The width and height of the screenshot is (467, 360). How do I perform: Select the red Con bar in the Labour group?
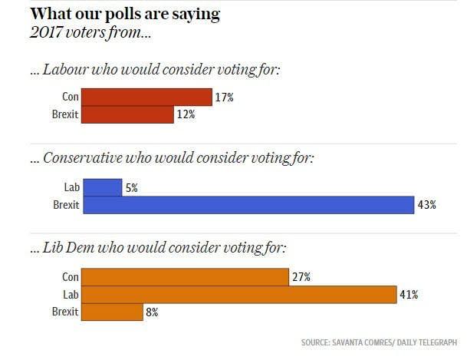pyautogui.click(x=146, y=97)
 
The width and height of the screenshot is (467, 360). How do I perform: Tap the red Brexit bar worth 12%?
pyautogui.click(x=127, y=114)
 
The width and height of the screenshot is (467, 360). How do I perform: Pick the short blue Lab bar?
pyautogui.click(x=102, y=187)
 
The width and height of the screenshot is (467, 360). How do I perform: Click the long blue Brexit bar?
pyautogui.click(x=248, y=205)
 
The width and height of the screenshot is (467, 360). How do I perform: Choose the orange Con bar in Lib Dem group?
pyautogui.click(x=184, y=277)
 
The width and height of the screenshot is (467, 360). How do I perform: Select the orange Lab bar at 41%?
pyautogui.click(x=238, y=295)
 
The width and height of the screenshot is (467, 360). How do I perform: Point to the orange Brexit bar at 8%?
pyautogui.click(x=112, y=312)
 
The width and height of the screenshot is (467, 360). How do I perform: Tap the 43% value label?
pyautogui.click(x=427, y=205)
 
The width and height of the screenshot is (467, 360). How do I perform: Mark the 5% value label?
pyautogui.click(x=132, y=187)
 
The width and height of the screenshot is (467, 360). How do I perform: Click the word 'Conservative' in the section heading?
pyautogui.click(x=84, y=158)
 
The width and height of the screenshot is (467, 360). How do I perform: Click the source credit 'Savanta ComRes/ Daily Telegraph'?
pyautogui.click(x=381, y=342)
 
